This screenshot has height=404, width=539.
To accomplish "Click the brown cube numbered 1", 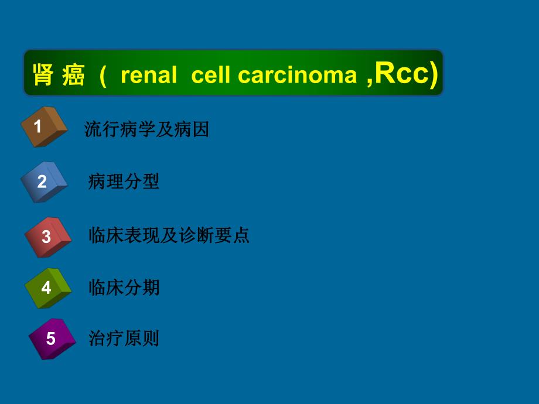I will pyautogui.click(x=43, y=126).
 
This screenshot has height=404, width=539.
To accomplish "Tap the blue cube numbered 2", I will pyautogui.click(x=44, y=181).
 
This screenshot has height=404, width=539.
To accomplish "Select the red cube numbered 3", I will pyautogui.click(x=47, y=236).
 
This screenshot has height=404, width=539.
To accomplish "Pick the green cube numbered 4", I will pyautogui.click(x=47, y=287).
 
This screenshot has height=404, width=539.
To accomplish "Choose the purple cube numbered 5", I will pyautogui.click(x=52, y=338).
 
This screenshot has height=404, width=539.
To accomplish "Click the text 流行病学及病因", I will pyautogui.click(x=146, y=129).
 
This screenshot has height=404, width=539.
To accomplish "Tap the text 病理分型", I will pyautogui.click(x=124, y=182).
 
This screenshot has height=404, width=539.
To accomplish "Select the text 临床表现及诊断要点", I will pyautogui.click(x=169, y=235).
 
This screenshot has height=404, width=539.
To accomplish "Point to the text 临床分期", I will pyautogui.click(x=124, y=287).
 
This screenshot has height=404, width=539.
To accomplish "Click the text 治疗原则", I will pyautogui.click(x=124, y=338).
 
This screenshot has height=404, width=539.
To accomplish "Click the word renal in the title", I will pyautogui.click(x=148, y=76).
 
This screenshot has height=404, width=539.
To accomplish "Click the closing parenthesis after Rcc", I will pyautogui.click(x=434, y=76).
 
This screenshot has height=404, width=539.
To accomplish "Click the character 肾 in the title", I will pyautogui.click(x=43, y=76).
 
